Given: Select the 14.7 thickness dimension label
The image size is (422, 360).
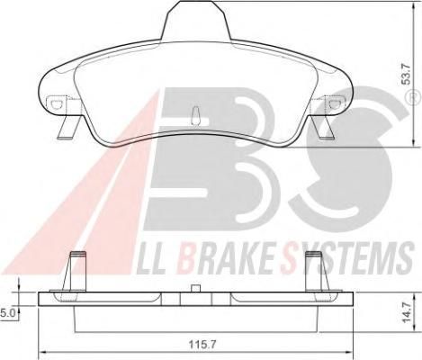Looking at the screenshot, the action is pos(407,312).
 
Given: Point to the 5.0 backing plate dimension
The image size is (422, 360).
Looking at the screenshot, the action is pos(7,313).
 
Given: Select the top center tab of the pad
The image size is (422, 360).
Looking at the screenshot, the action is pos(196,20).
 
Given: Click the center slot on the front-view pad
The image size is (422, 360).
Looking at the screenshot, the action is pos(195,116).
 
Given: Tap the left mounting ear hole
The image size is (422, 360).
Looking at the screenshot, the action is pos(56,103).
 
